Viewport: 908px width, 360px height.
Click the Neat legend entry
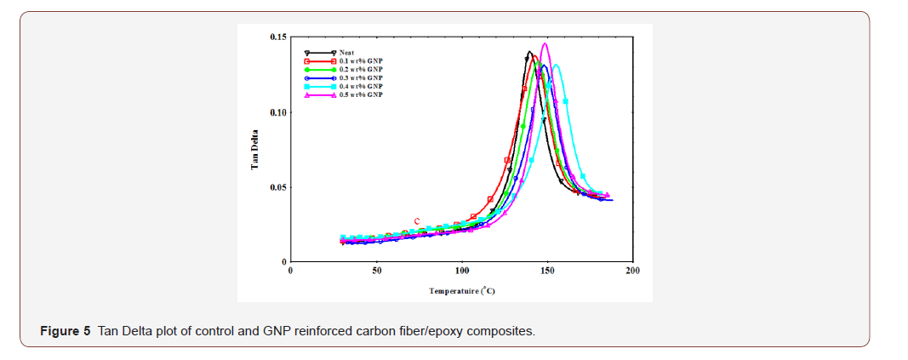(345, 53)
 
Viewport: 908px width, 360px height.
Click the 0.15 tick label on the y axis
(277, 37)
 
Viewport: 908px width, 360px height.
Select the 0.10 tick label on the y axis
(277, 112)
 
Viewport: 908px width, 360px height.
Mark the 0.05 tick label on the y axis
(277, 187)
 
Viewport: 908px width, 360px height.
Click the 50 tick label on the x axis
(376, 271)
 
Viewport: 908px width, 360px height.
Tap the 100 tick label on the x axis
(461, 271)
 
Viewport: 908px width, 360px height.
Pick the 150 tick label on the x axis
(546, 271)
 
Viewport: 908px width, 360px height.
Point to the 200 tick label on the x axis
(632, 271)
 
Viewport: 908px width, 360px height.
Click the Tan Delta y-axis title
(254, 151)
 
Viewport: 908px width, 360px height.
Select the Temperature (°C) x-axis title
(462, 291)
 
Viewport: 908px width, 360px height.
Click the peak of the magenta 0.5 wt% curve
(545, 43)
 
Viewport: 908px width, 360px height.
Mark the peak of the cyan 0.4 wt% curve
(556, 65)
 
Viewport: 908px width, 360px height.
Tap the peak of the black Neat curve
(529, 52)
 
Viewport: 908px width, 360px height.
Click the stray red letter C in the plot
(417, 221)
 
